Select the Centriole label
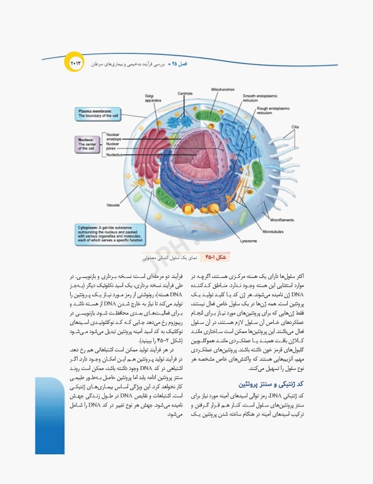(184, 94)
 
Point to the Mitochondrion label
(223, 89)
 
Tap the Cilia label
(294, 127)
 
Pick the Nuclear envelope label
(114, 137)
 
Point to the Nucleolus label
(115, 154)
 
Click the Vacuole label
(114, 205)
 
